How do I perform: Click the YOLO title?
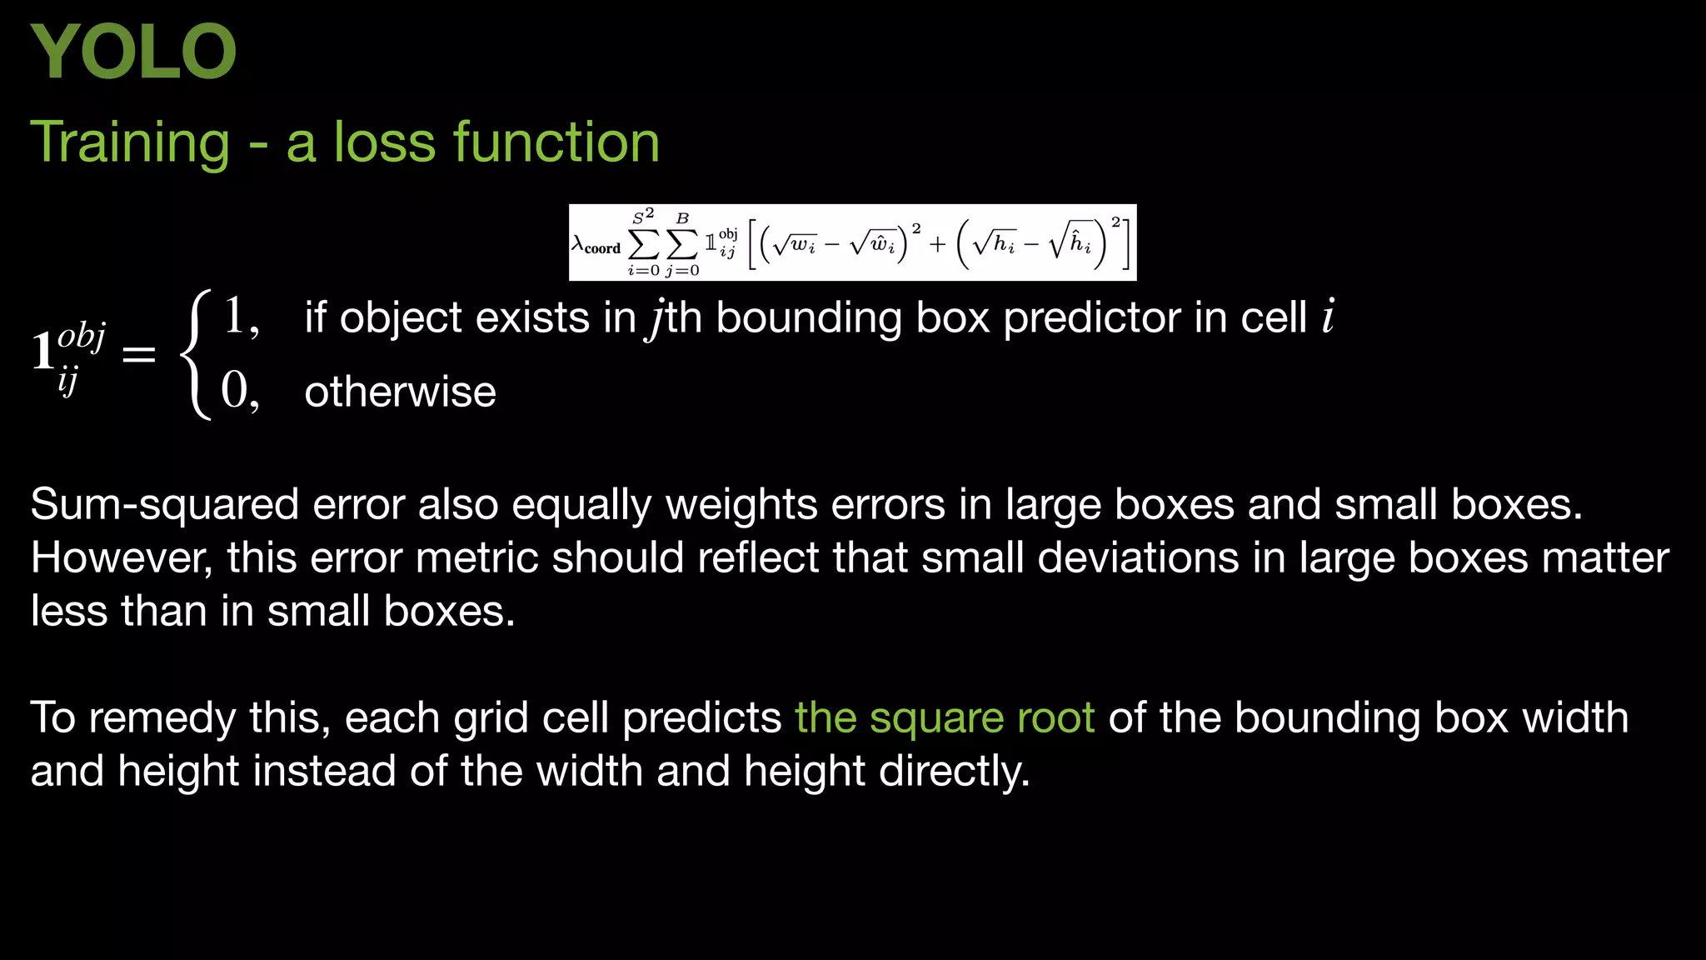coord(133,52)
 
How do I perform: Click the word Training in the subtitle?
coord(130,142)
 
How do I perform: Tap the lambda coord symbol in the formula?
coord(596,245)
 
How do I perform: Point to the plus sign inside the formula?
coord(938,243)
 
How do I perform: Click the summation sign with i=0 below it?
coord(643,243)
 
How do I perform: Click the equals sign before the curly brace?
coord(138,354)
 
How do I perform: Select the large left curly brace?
coord(197,354)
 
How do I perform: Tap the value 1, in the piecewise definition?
coord(241,317)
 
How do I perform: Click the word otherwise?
coord(400,392)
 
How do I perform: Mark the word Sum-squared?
coord(164,505)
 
